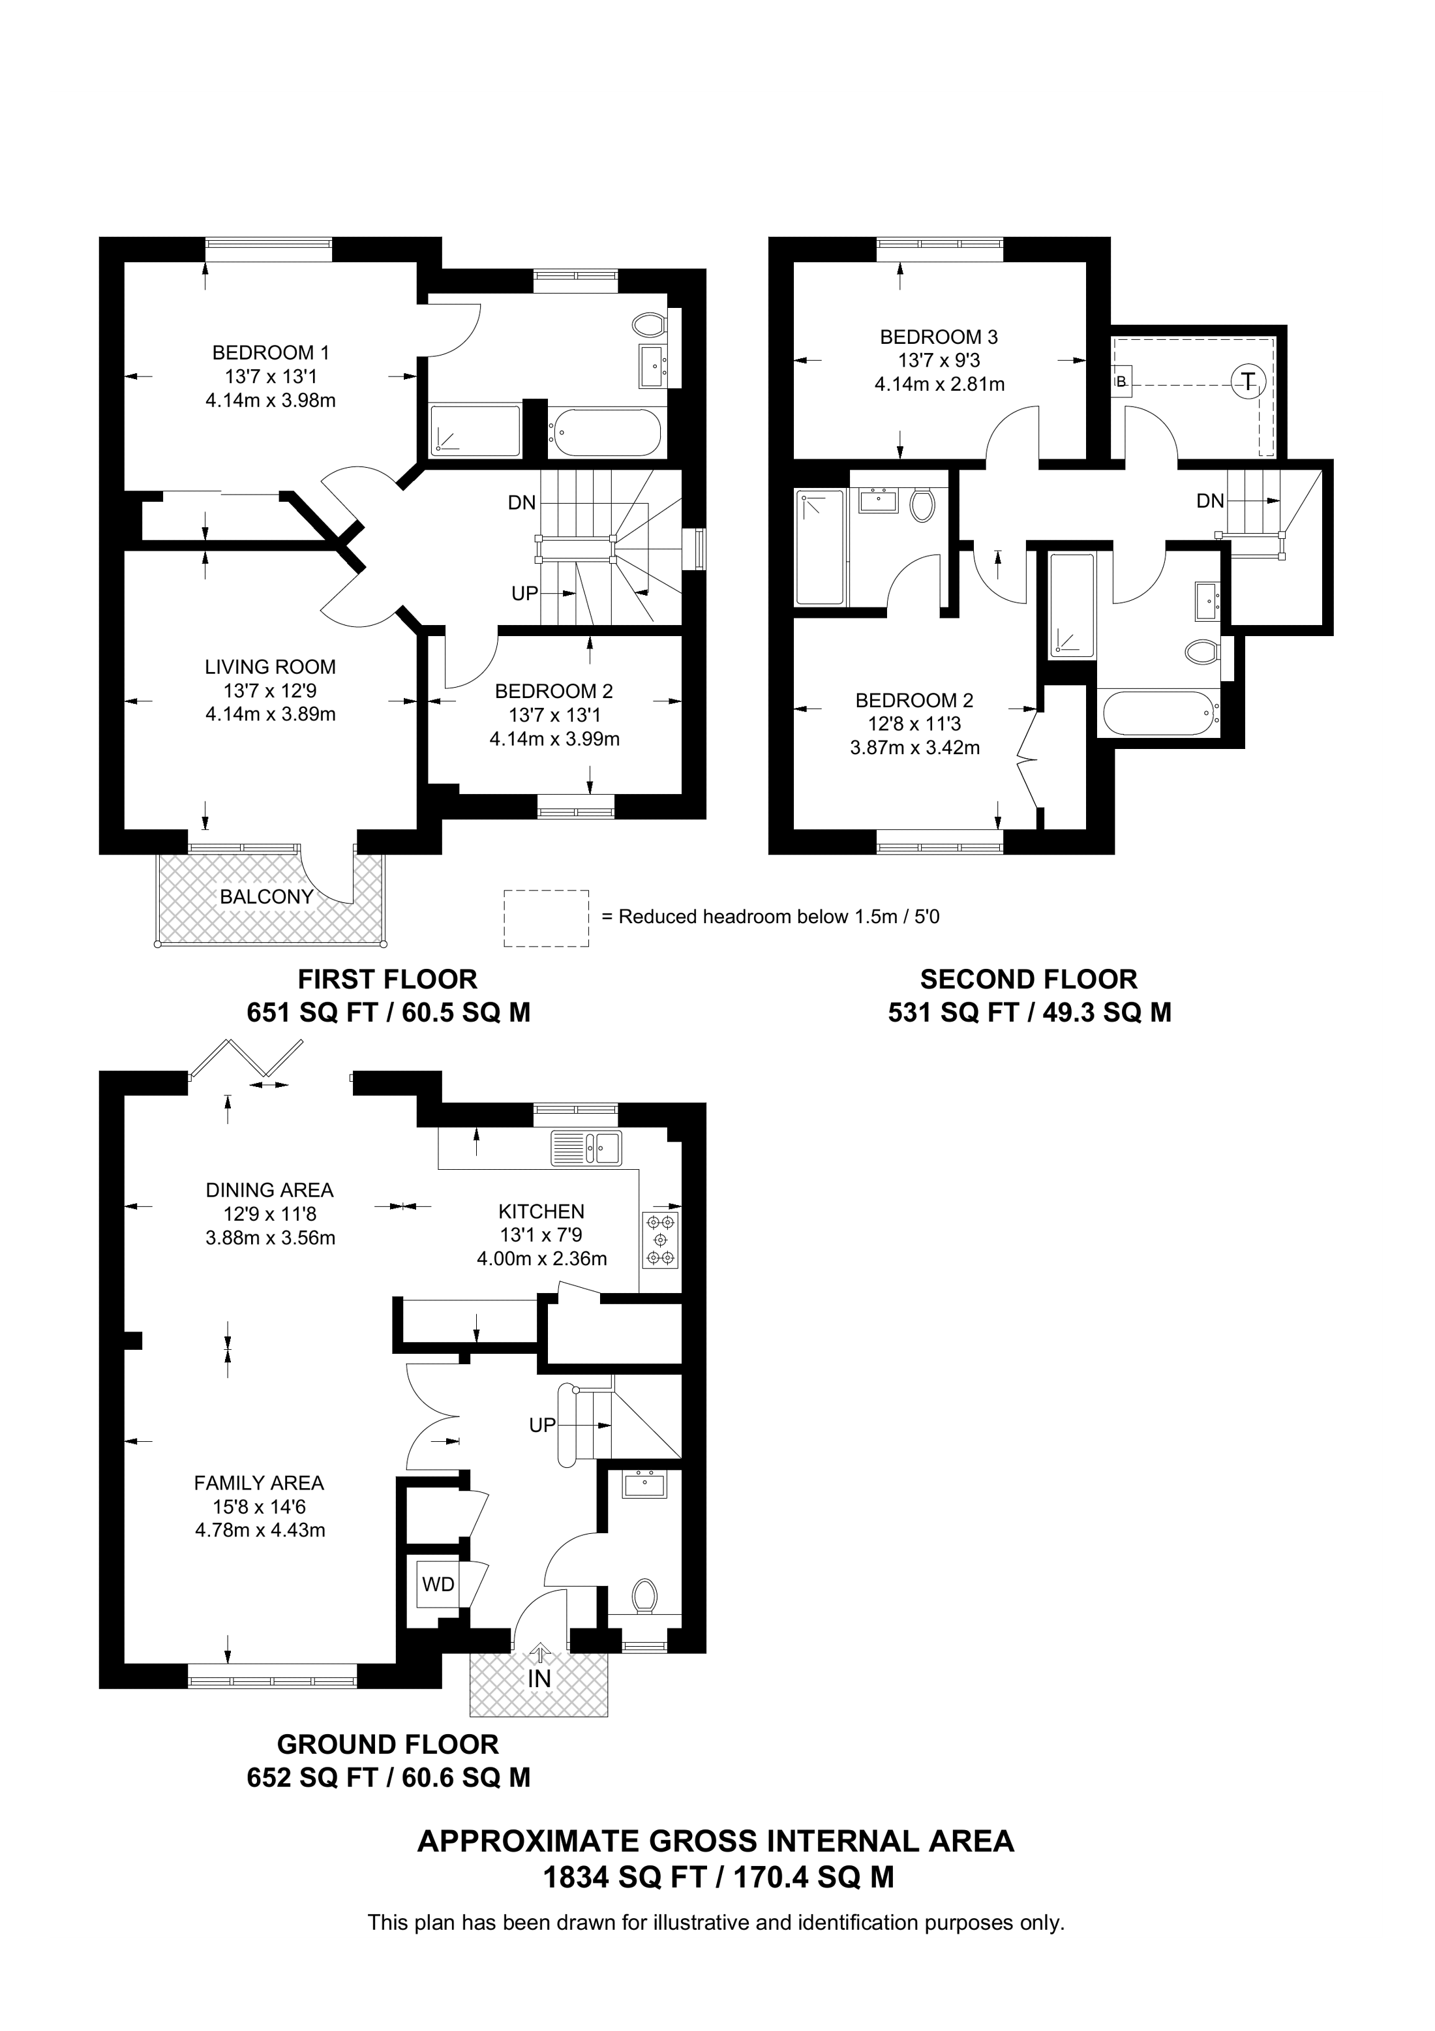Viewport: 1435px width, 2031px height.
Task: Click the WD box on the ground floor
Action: click(x=438, y=1583)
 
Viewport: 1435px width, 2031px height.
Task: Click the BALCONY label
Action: click(x=267, y=896)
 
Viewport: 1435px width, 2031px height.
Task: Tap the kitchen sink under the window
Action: click(x=586, y=1148)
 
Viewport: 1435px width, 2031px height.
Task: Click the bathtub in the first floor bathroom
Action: click(x=605, y=432)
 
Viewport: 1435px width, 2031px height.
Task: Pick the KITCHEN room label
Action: click(x=541, y=1211)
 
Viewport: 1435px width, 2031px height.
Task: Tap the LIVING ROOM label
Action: click(x=271, y=667)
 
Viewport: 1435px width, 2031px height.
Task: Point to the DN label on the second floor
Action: click(x=1211, y=500)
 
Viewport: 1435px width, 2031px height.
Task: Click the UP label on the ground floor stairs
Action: click(x=542, y=1425)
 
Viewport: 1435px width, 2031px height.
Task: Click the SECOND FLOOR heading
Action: click(x=1028, y=979)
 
